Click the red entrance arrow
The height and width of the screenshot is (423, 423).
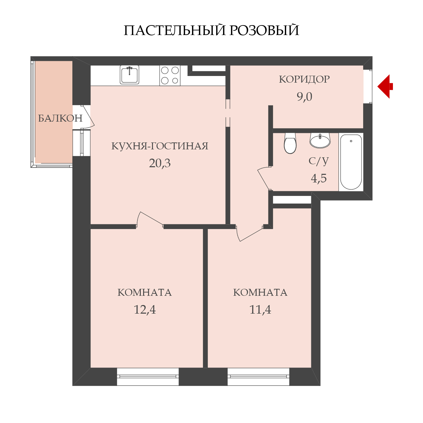pyautogui.click(x=385, y=87)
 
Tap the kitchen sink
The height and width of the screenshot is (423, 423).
pyautogui.click(x=130, y=75)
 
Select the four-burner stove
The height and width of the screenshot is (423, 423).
pyautogui.click(x=170, y=76)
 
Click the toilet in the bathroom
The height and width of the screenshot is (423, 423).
pyautogui.click(x=290, y=143)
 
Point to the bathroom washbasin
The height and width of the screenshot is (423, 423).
pyautogui.click(x=320, y=140)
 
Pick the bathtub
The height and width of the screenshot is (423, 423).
pyautogui.click(x=351, y=162)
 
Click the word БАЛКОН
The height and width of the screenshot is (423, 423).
pyautogui.click(x=60, y=119)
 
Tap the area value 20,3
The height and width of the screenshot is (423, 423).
pyautogui.click(x=160, y=163)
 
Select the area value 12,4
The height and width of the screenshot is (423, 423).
pyautogui.click(x=145, y=310)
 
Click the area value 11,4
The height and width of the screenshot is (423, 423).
pyautogui.click(x=260, y=310)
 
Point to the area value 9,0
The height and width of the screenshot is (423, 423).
pyautogui.click(x=304, y=97)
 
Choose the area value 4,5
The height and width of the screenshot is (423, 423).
pyautogui.click(x=319, y=178)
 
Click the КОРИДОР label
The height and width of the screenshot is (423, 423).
pyautogui.click(x=304, y=79)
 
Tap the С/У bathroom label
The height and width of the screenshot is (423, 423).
pyautogui.click(x=319, y=161)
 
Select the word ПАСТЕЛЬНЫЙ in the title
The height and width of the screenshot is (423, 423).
pyautogui.click(x=174, y=30)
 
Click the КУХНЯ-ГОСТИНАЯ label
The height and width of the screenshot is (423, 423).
pyautogui.click(x=160, y=146)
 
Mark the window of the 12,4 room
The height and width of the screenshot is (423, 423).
pyautogui.click(x=148, y=376)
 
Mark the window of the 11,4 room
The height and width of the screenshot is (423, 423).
pyautogui.click(x=258, y=376)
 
